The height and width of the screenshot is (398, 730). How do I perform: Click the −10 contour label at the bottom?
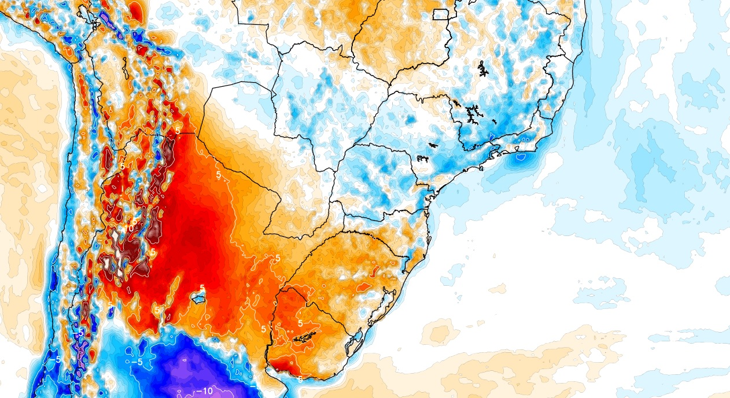pos(205,391)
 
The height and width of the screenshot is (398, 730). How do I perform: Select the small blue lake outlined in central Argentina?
pos(198,298)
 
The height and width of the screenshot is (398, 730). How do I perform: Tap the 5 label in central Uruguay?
pos(300,323)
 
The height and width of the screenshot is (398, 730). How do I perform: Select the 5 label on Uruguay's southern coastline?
pos(301,379)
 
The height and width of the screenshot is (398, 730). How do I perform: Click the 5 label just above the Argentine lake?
pos(202,288)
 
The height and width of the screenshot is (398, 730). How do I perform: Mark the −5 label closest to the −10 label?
pos(137,362)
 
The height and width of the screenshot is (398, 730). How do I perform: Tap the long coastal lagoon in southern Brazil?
pos(379,305)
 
